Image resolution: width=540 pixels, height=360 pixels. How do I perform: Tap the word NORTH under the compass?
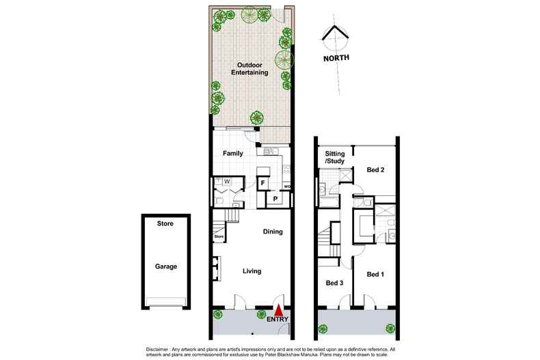[x=336, y=58]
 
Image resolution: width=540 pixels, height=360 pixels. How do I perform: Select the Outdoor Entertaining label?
[x=248, y=68]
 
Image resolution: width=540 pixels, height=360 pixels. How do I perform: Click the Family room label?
[x=233, y=153]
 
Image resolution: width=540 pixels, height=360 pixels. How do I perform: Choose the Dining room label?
[x=273, y=232]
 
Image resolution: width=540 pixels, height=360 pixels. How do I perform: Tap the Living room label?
[x=253, y=271]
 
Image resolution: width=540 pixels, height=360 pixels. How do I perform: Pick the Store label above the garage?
[x=165, y=223]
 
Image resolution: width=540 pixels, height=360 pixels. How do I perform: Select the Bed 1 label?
[x=376, y=275]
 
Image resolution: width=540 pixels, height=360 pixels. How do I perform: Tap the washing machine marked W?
[x=226, y=182]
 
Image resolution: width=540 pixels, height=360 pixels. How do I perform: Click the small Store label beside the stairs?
[x=219, y=237]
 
